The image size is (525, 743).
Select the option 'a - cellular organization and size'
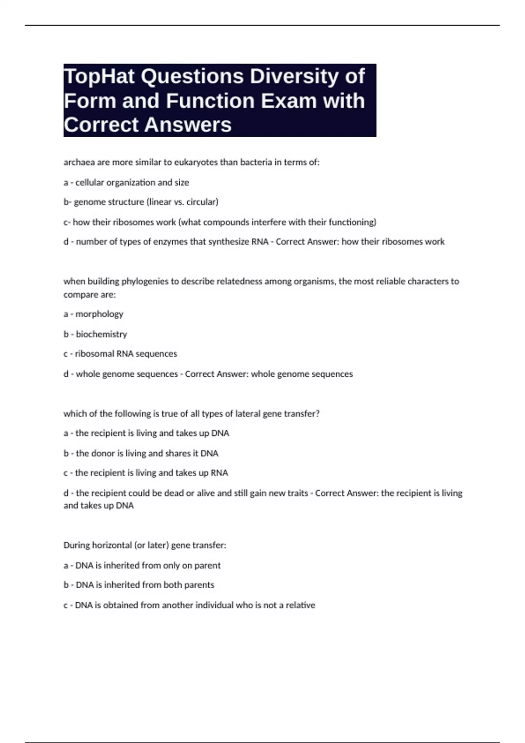click(x=126, y=182)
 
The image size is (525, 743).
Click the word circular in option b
click(x=202, y=202)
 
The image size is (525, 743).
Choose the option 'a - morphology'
click(x=93, y=314)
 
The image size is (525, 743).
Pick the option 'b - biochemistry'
click(x=95, y=334)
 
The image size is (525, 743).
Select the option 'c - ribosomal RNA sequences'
click(x=120, y=354)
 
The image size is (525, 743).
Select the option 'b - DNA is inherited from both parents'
click(x=139, y=585)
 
